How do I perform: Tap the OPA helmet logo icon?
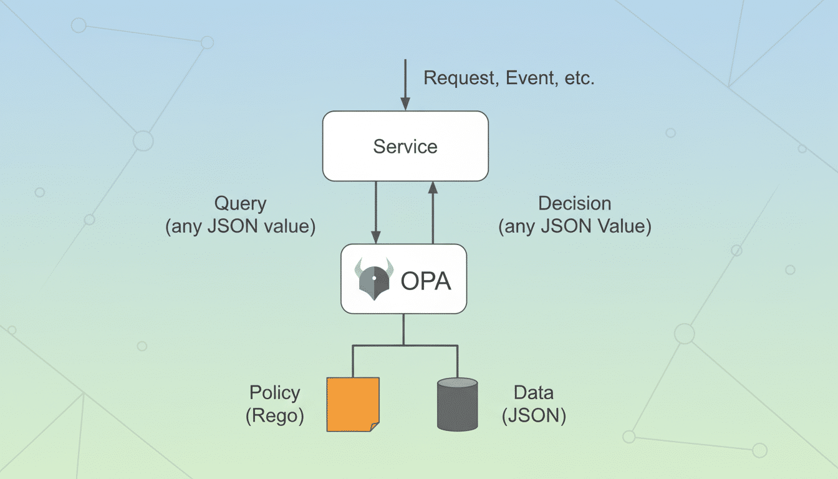coord(373,279)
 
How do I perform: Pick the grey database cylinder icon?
coord(457,404)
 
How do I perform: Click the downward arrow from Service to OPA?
coord(376,212)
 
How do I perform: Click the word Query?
coord(240,203)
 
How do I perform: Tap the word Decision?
coord(574,203)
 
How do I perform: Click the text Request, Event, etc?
coord(509,79)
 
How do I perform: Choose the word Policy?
coord(274,393)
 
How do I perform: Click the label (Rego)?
coord(274,416)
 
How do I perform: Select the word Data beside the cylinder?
coord(533,393)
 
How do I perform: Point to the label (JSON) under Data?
coord(534,416)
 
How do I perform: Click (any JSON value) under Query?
coord(240,226)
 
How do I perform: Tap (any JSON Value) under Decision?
coord(574,226)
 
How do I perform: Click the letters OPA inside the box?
coord(425,281)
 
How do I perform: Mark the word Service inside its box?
coord(405,147)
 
